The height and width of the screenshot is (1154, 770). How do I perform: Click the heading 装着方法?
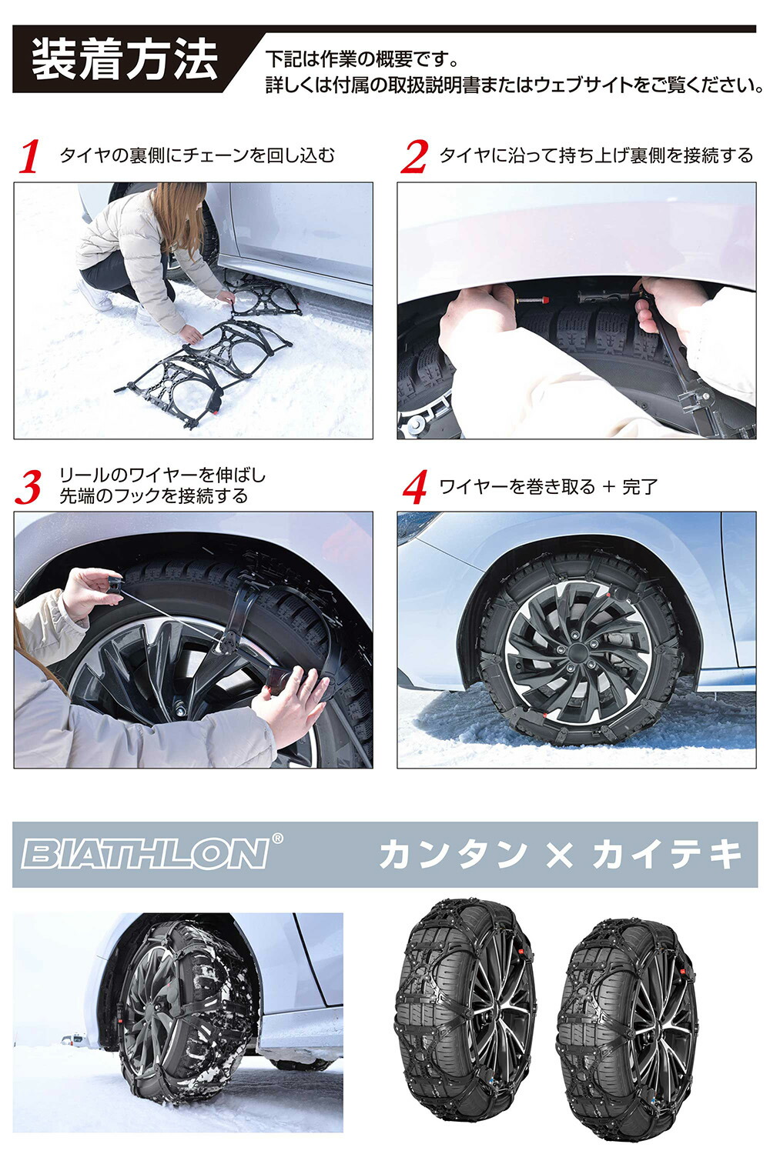[x=125, y=60]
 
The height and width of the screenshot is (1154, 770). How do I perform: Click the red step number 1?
[x=30, y=157]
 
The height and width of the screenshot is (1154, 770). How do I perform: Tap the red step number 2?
[x=414, y=157]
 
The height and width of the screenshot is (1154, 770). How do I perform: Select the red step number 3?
[x=28, y=488]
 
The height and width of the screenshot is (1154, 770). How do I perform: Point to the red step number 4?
[x=415, y=487]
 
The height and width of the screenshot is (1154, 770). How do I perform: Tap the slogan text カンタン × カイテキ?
[x=561, y=854]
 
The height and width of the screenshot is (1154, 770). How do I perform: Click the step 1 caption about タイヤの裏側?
[x=197, y=155]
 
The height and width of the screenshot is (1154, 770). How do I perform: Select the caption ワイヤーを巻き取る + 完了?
[x=548, y=486]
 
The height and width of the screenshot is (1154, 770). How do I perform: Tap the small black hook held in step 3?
[x=115, y=585]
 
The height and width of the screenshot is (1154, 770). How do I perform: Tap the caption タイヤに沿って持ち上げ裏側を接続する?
[x=596, y=155]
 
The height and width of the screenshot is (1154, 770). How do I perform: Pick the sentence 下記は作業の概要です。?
[x=362, y=59]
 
